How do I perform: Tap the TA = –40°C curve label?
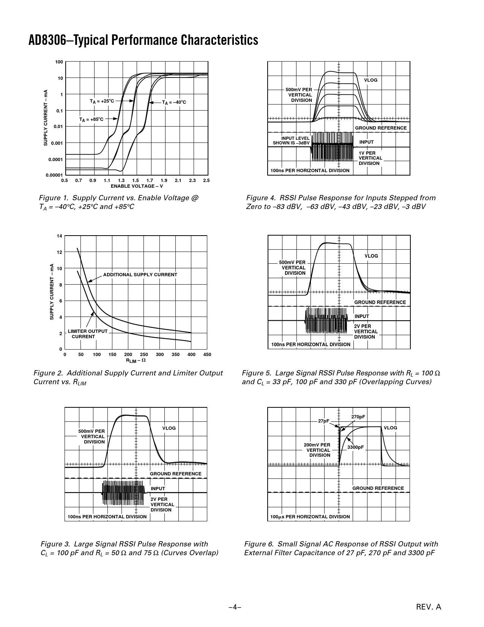[174, 103]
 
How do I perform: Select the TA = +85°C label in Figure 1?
[91, 119]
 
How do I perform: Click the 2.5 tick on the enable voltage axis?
[206, 180]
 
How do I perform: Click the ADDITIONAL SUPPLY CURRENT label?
[140, 274]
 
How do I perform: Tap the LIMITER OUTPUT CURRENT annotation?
[88, 334]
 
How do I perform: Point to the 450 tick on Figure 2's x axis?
[207, 355]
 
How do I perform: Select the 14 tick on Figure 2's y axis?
[59, 236]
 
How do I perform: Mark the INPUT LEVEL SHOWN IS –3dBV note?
[292, 141]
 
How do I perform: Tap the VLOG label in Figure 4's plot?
[371, 80]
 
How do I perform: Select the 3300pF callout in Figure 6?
[356, 447]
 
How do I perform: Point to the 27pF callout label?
[323, 421]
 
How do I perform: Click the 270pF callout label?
[358, 417]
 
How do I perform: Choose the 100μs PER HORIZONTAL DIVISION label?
[310, 517]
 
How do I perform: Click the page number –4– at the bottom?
[235, 607]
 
